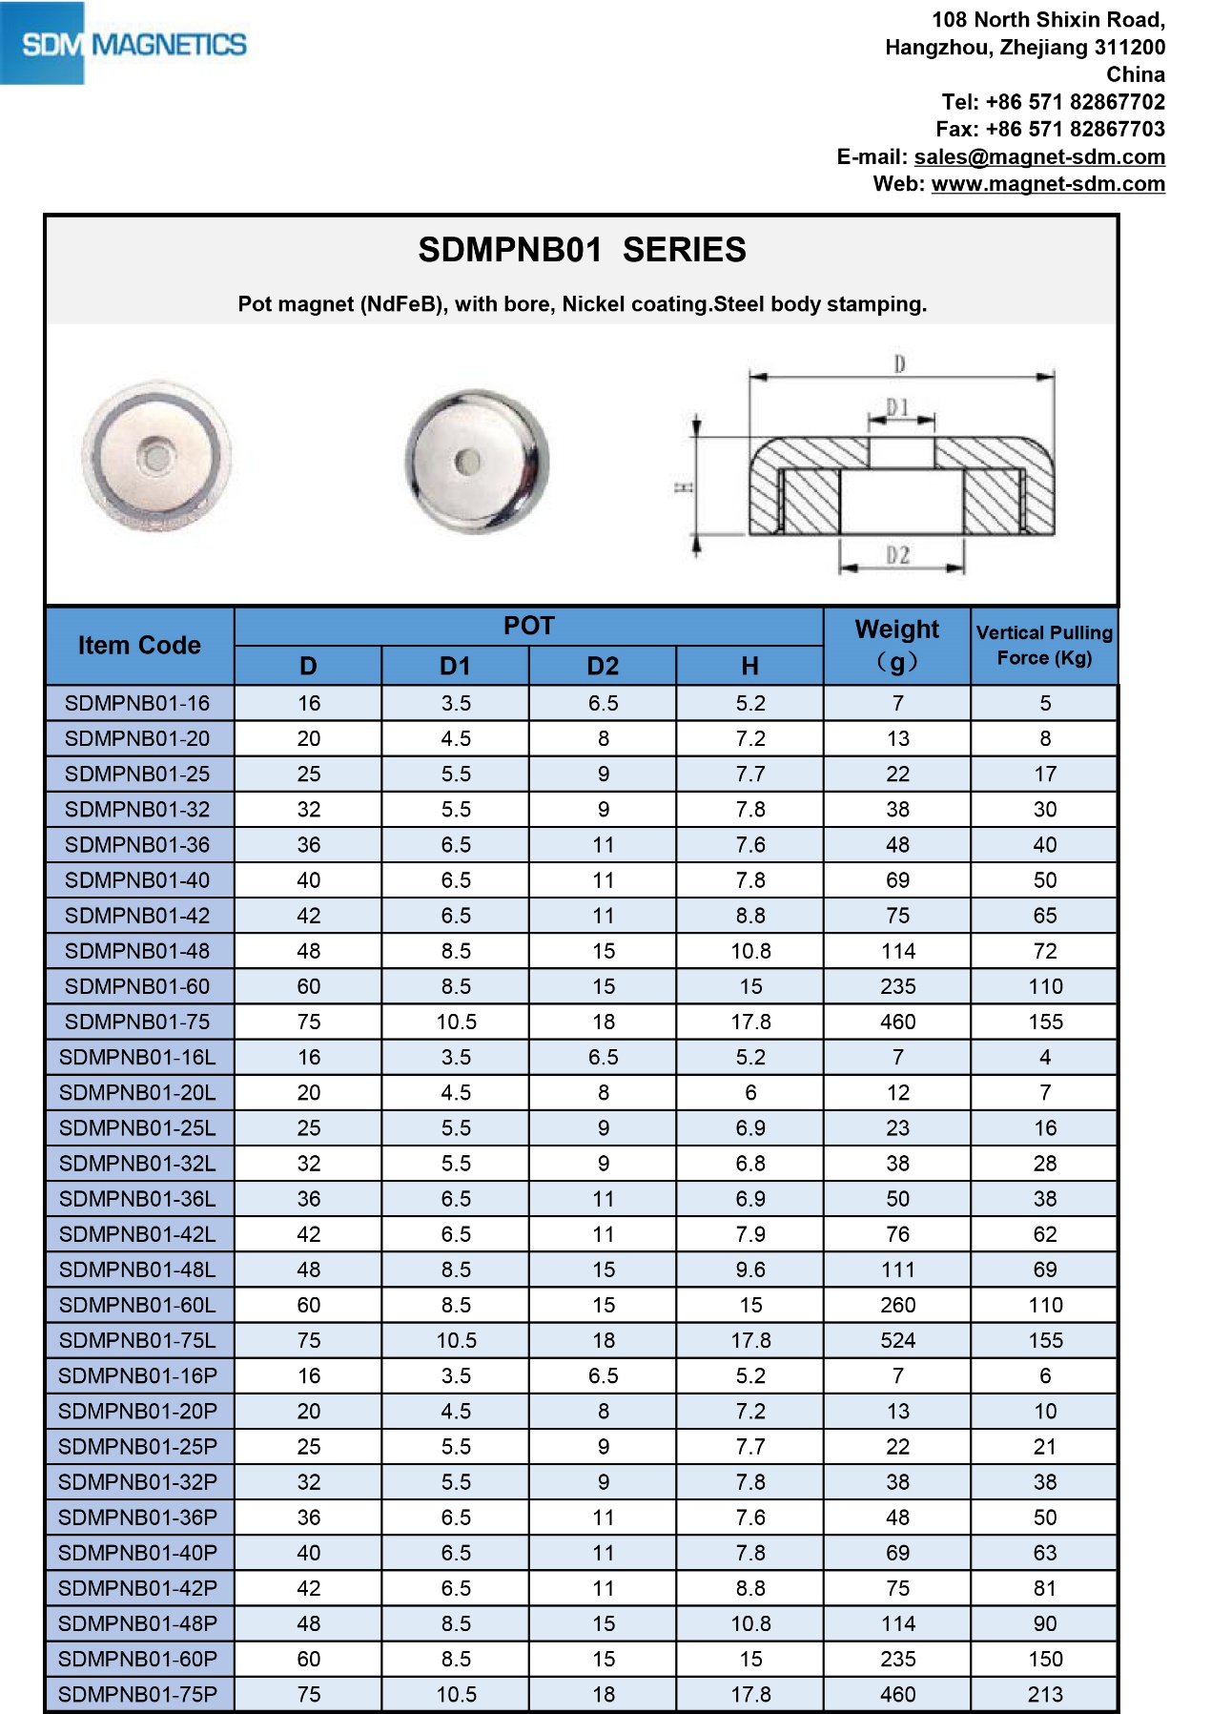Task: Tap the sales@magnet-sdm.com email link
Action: point(1039,156)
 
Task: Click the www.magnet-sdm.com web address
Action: point(1048,184)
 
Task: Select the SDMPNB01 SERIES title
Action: point(582,250)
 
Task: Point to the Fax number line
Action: point(1050,129)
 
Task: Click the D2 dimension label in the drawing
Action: point(898,555)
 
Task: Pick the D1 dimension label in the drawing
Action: point(898,408)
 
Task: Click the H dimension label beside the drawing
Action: point(684,487)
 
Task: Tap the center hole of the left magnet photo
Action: point(157,457)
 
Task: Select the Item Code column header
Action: point(139,646)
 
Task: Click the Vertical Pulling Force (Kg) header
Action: point(1044,646)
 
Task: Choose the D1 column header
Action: point(455,666)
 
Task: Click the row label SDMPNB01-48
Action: point(137,951)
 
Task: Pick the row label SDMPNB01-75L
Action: point(137,1340)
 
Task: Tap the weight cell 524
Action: point(897,1340)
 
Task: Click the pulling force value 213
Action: point(1045,1694)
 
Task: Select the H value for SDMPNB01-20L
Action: point(750,1093)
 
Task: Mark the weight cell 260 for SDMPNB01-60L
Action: point(897,1305)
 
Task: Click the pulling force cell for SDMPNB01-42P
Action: point(1045,1588)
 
